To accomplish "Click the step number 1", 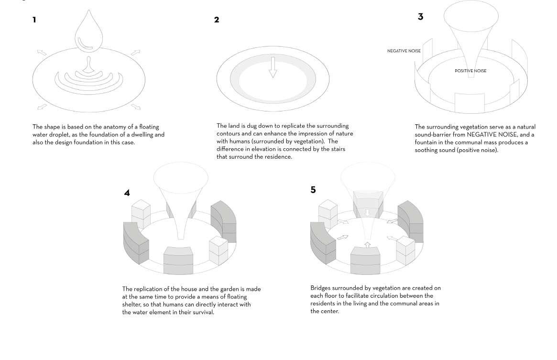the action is pos(34,20).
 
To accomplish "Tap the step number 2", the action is pos(217,20).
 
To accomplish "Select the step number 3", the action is pos(420,17).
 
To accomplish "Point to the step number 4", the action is pos(127,193).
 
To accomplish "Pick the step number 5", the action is pos(313,190).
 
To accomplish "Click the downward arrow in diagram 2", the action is pos(273,67).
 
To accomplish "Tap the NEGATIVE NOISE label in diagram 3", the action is pos(404,51).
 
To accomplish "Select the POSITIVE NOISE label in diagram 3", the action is pos(470,71).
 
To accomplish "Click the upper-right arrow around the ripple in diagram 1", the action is pos(135,52).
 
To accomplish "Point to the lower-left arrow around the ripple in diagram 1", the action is pos(42,106).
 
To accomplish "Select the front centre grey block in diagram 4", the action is pos(178,261).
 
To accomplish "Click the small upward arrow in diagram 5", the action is pos(367,245).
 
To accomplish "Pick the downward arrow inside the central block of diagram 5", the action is pos(367,212).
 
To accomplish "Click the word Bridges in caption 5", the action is pos(321,288).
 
